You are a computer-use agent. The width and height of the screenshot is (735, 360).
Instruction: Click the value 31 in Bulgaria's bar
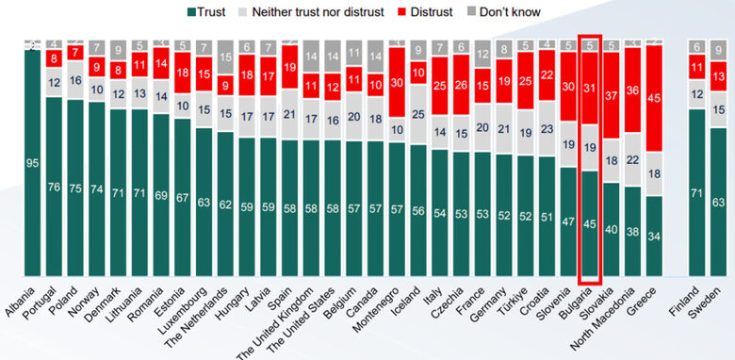(x=589, y=88)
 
